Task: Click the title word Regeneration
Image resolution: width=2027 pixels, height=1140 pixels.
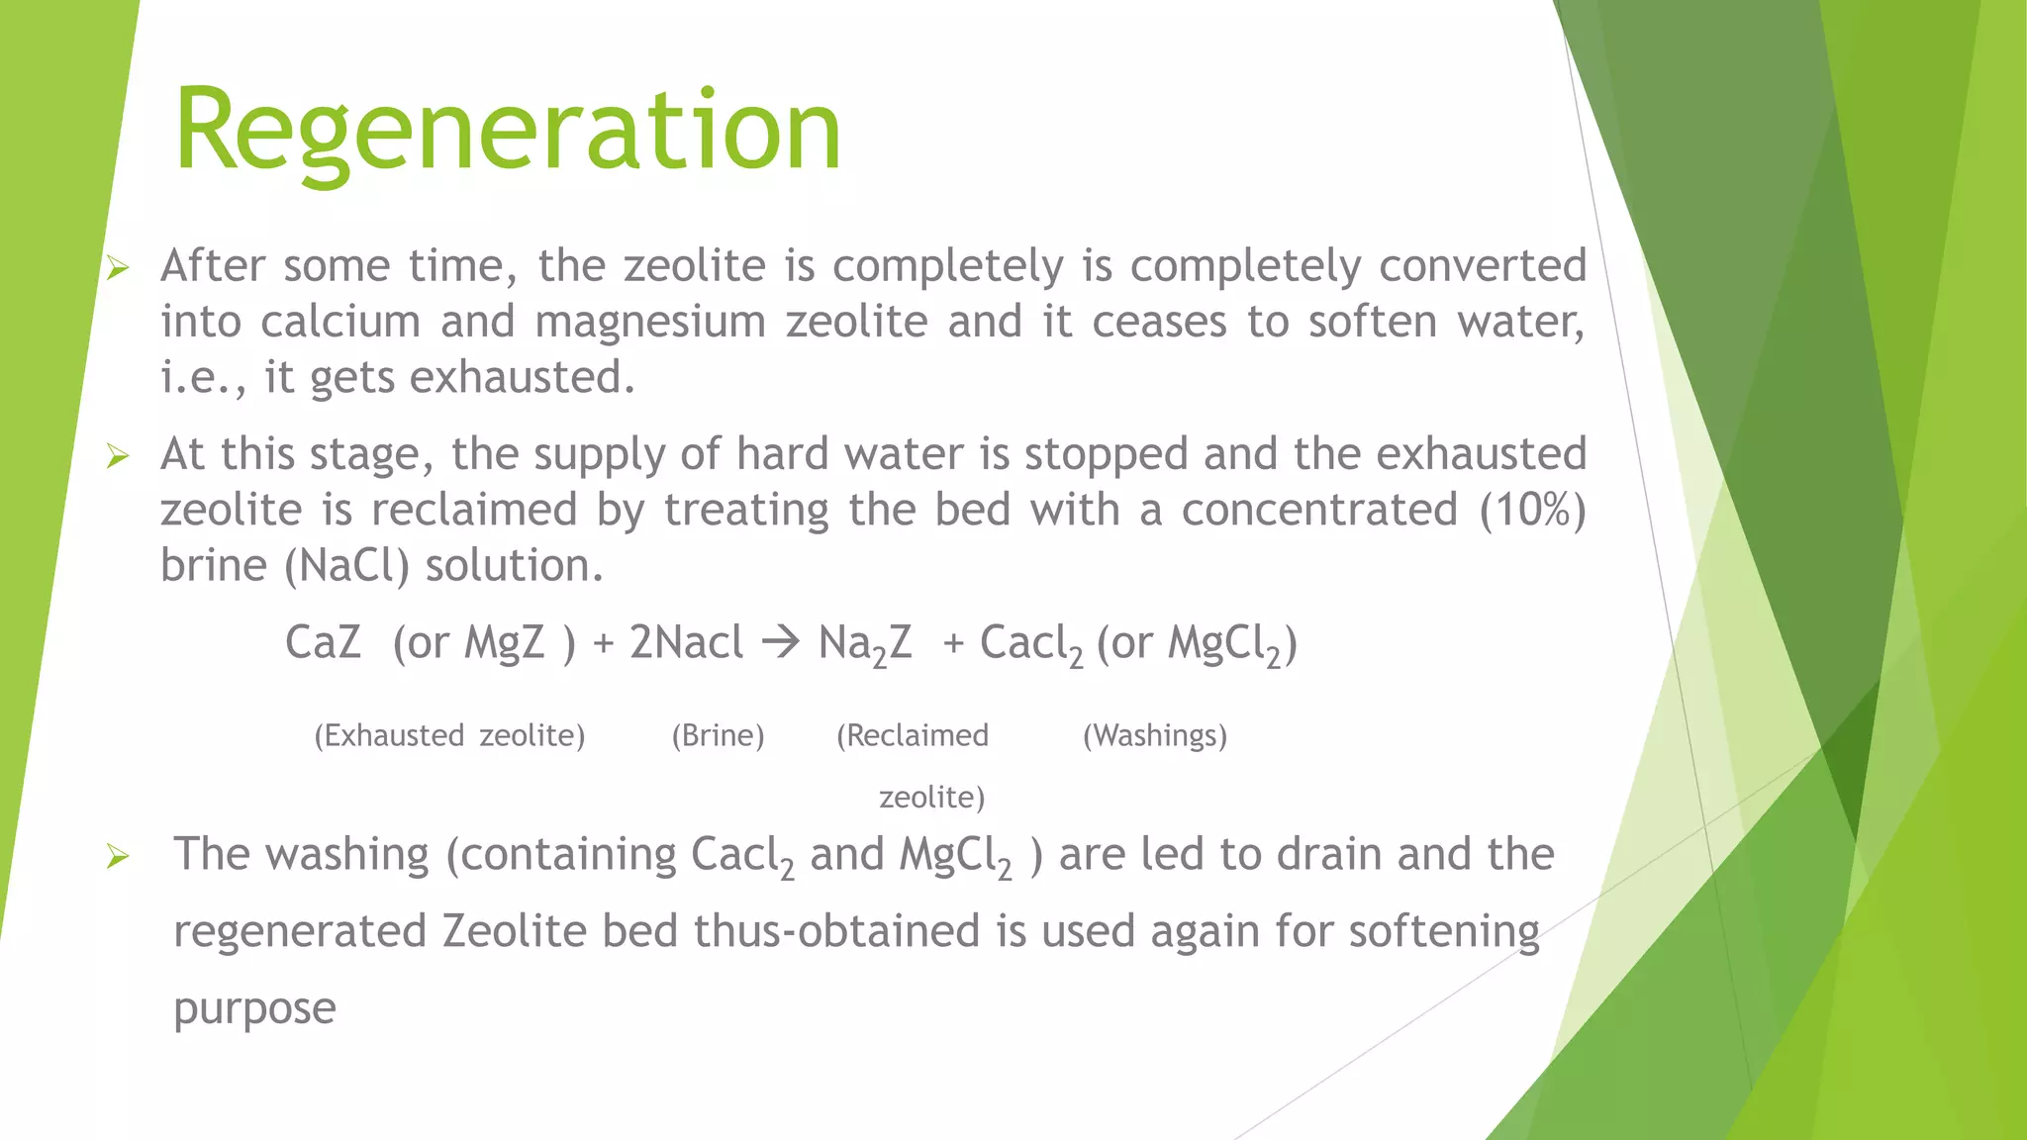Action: (x=507, y=131)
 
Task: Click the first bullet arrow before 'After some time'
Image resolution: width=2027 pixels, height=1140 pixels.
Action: (x=118, y=267)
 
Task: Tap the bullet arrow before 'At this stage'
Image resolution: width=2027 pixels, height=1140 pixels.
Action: (x=118, y=455)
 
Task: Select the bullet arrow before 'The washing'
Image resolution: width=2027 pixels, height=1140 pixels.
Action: (x=118, y=856)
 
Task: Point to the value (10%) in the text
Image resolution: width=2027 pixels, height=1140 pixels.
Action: (x=1532, y=510)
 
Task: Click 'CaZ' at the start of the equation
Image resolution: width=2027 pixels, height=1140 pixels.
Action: (x=323, y=643)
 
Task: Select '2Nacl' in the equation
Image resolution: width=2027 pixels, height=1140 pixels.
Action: (x=686, y=643)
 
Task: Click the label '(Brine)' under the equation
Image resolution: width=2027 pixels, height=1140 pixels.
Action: (x=718, y=735)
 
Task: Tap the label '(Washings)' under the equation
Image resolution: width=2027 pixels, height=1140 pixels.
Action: (x=1154, y=735)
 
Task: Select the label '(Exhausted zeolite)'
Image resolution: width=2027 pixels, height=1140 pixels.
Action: (x=449, y=735)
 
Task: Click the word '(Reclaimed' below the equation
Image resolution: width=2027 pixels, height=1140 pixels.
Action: (x=912, y=735)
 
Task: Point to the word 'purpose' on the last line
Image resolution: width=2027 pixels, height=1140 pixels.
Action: (x=254, y=1009)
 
